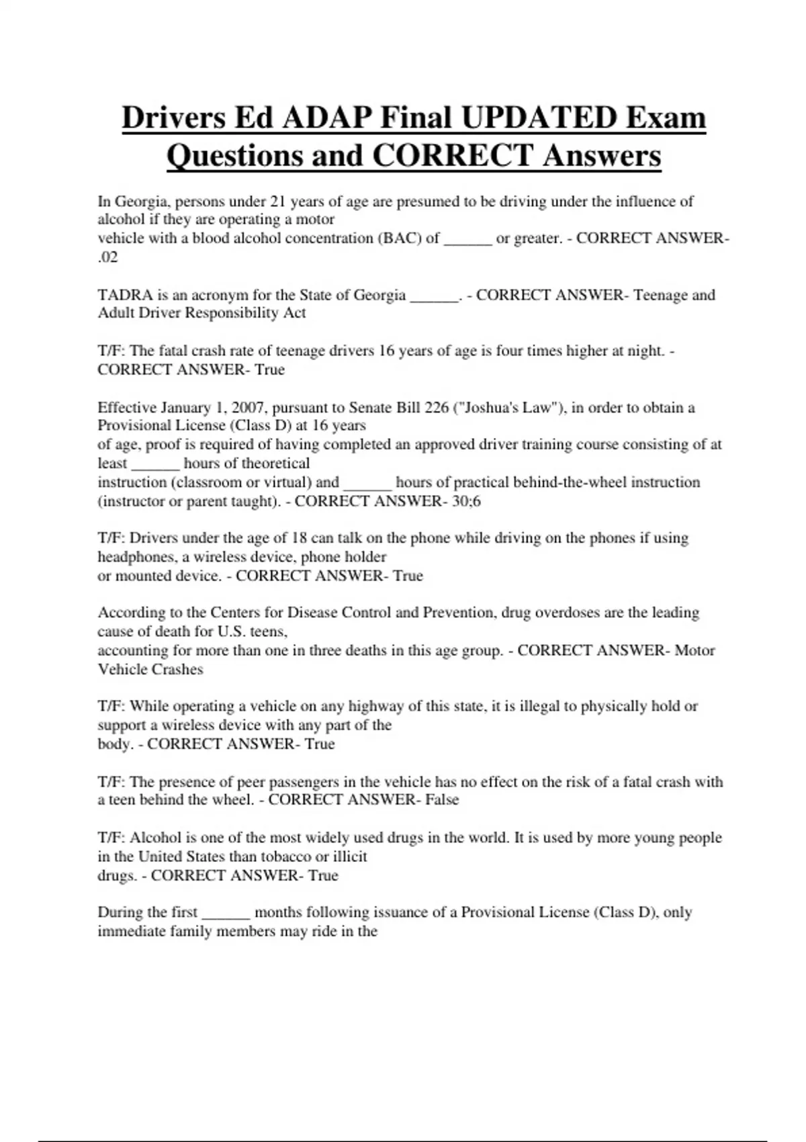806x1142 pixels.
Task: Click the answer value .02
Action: (x=107, y=257)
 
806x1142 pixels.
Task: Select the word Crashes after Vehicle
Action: (x=177, y=669)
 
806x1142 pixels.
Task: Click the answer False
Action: (x=442, y=799)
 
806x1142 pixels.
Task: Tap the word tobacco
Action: (x=285, y=856)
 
